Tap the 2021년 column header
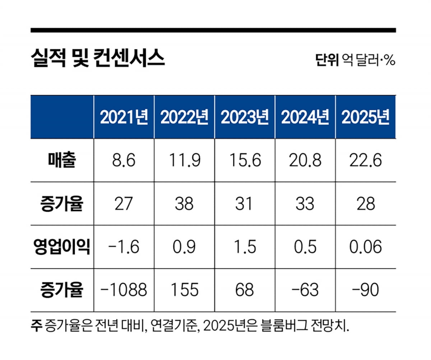(124, 117)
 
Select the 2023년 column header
(245, 117)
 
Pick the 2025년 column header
(365, 117)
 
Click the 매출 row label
(62, 161)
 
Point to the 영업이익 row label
(62, 247)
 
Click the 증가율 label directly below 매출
(62, 204)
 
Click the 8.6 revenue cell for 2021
(124, 161)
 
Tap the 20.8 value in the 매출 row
(305, 161)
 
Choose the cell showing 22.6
(365, 161)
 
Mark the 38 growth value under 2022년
(184, 204)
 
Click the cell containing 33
(305, 204)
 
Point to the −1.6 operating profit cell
(124, 247)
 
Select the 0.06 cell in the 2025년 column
(365, 247)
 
